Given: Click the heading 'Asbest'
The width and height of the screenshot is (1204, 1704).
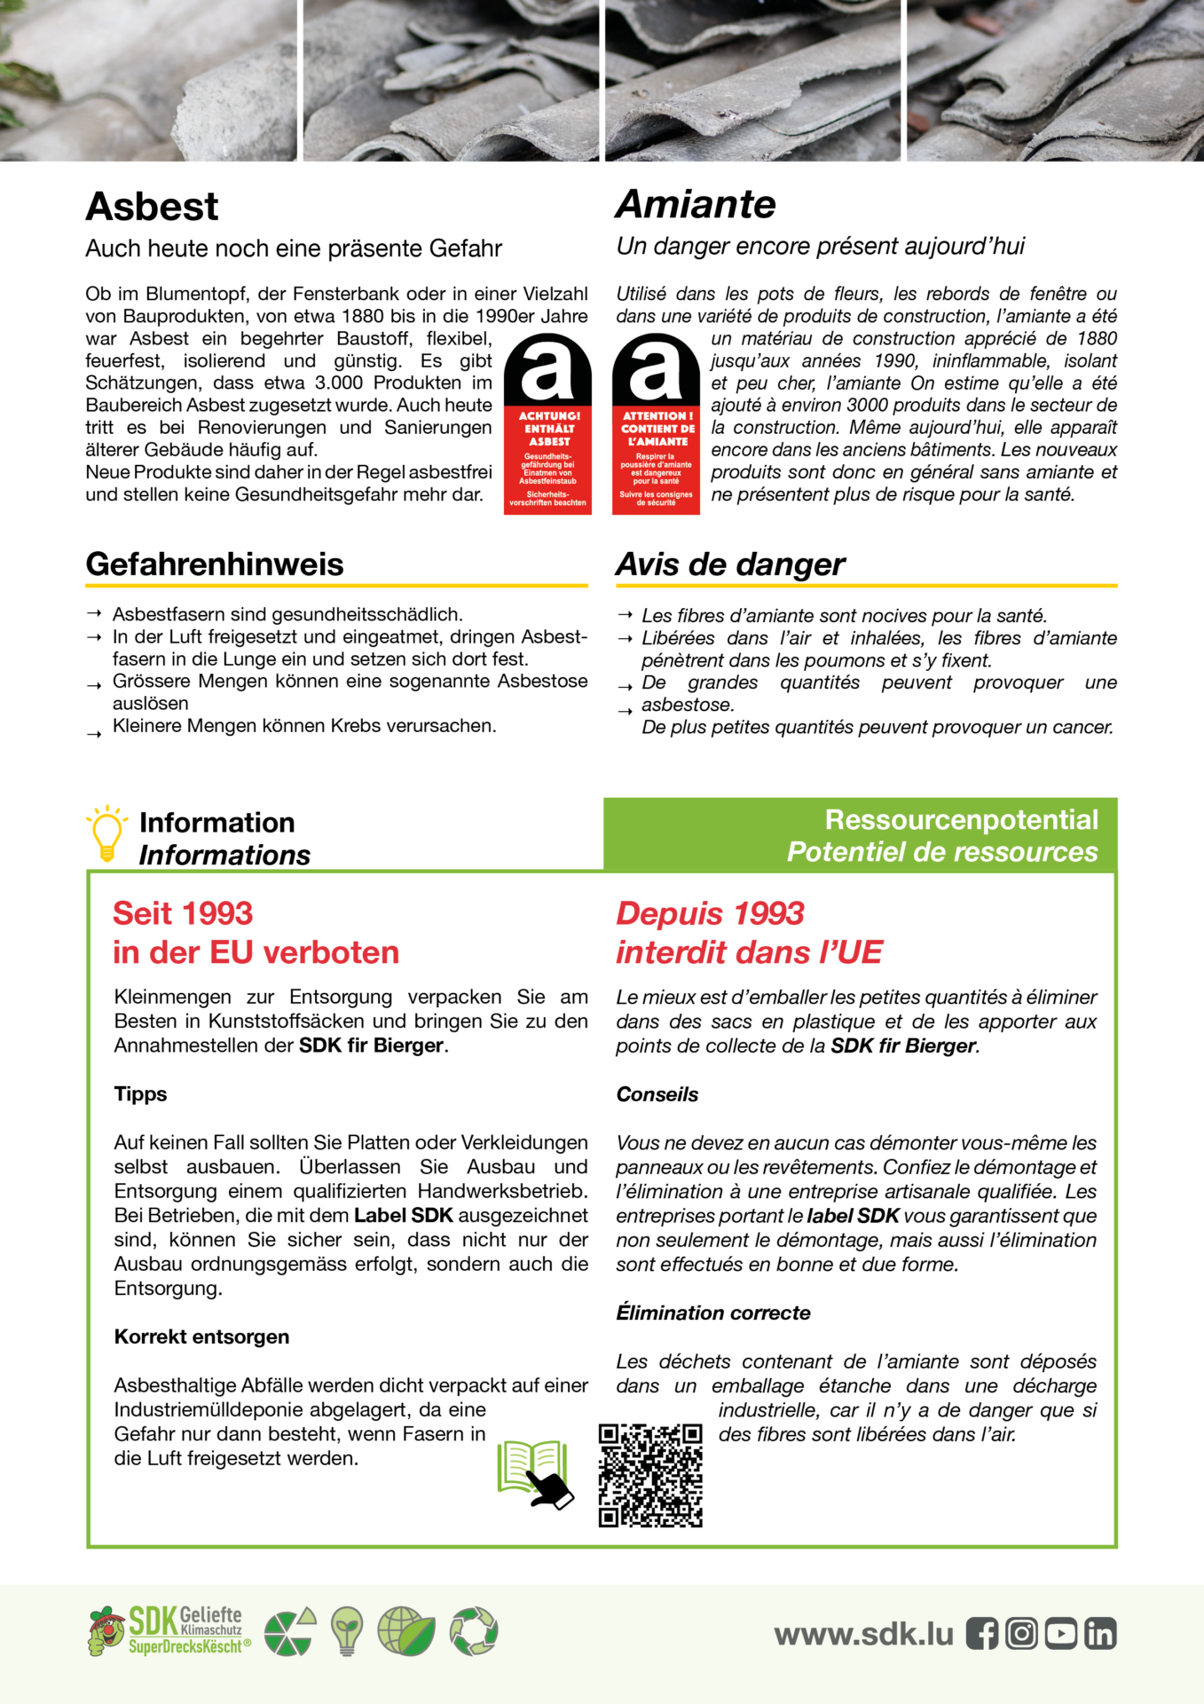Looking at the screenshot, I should click(x=152, y=207).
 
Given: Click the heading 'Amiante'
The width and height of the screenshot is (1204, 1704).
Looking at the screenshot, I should click(x=696, y=204).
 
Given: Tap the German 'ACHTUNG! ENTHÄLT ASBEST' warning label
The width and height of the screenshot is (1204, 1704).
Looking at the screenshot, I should click(x=547, y=424).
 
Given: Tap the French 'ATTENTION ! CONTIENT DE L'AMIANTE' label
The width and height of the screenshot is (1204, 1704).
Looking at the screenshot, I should click(x=656, y=424).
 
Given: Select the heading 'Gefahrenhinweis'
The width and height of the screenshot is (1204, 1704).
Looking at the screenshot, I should click(x=215, y=564).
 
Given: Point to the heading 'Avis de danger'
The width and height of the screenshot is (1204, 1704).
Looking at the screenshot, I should click(x=730, y=564).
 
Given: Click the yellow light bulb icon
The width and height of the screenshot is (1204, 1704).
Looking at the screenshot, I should click(x=106, y=833).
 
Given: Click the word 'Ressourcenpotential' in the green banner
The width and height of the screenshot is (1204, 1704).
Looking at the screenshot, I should click(x=961, y=819).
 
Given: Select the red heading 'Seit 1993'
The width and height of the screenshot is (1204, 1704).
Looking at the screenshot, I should click(x=183, y=913).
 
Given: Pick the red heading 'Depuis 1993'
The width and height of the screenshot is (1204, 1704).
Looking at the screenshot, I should click(x=710, y=913).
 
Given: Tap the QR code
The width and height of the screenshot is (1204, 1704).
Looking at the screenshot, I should click(x=650, y=1475).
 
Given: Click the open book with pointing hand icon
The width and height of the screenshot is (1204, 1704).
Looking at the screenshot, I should click(x=535, y=1474).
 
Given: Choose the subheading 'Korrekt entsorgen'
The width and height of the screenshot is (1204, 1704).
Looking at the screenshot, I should click(x=201, y=1337).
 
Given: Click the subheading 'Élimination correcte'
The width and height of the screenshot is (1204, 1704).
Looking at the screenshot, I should click(x=713, y=1313).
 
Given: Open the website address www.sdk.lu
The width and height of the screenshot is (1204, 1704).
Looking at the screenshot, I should click(x=863, y=1634).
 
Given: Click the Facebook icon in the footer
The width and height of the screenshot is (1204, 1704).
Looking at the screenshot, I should click(x=981, y=1634).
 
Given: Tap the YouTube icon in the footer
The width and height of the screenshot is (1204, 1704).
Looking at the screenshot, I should click(x=1060, y=1634).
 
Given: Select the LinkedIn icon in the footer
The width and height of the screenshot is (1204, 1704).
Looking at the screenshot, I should click(x=1100, y=1634).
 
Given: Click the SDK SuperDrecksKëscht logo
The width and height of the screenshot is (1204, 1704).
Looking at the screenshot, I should click(x=169, y=1631).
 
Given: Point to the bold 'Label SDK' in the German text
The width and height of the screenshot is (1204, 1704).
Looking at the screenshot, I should click(x=404, y=1215).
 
